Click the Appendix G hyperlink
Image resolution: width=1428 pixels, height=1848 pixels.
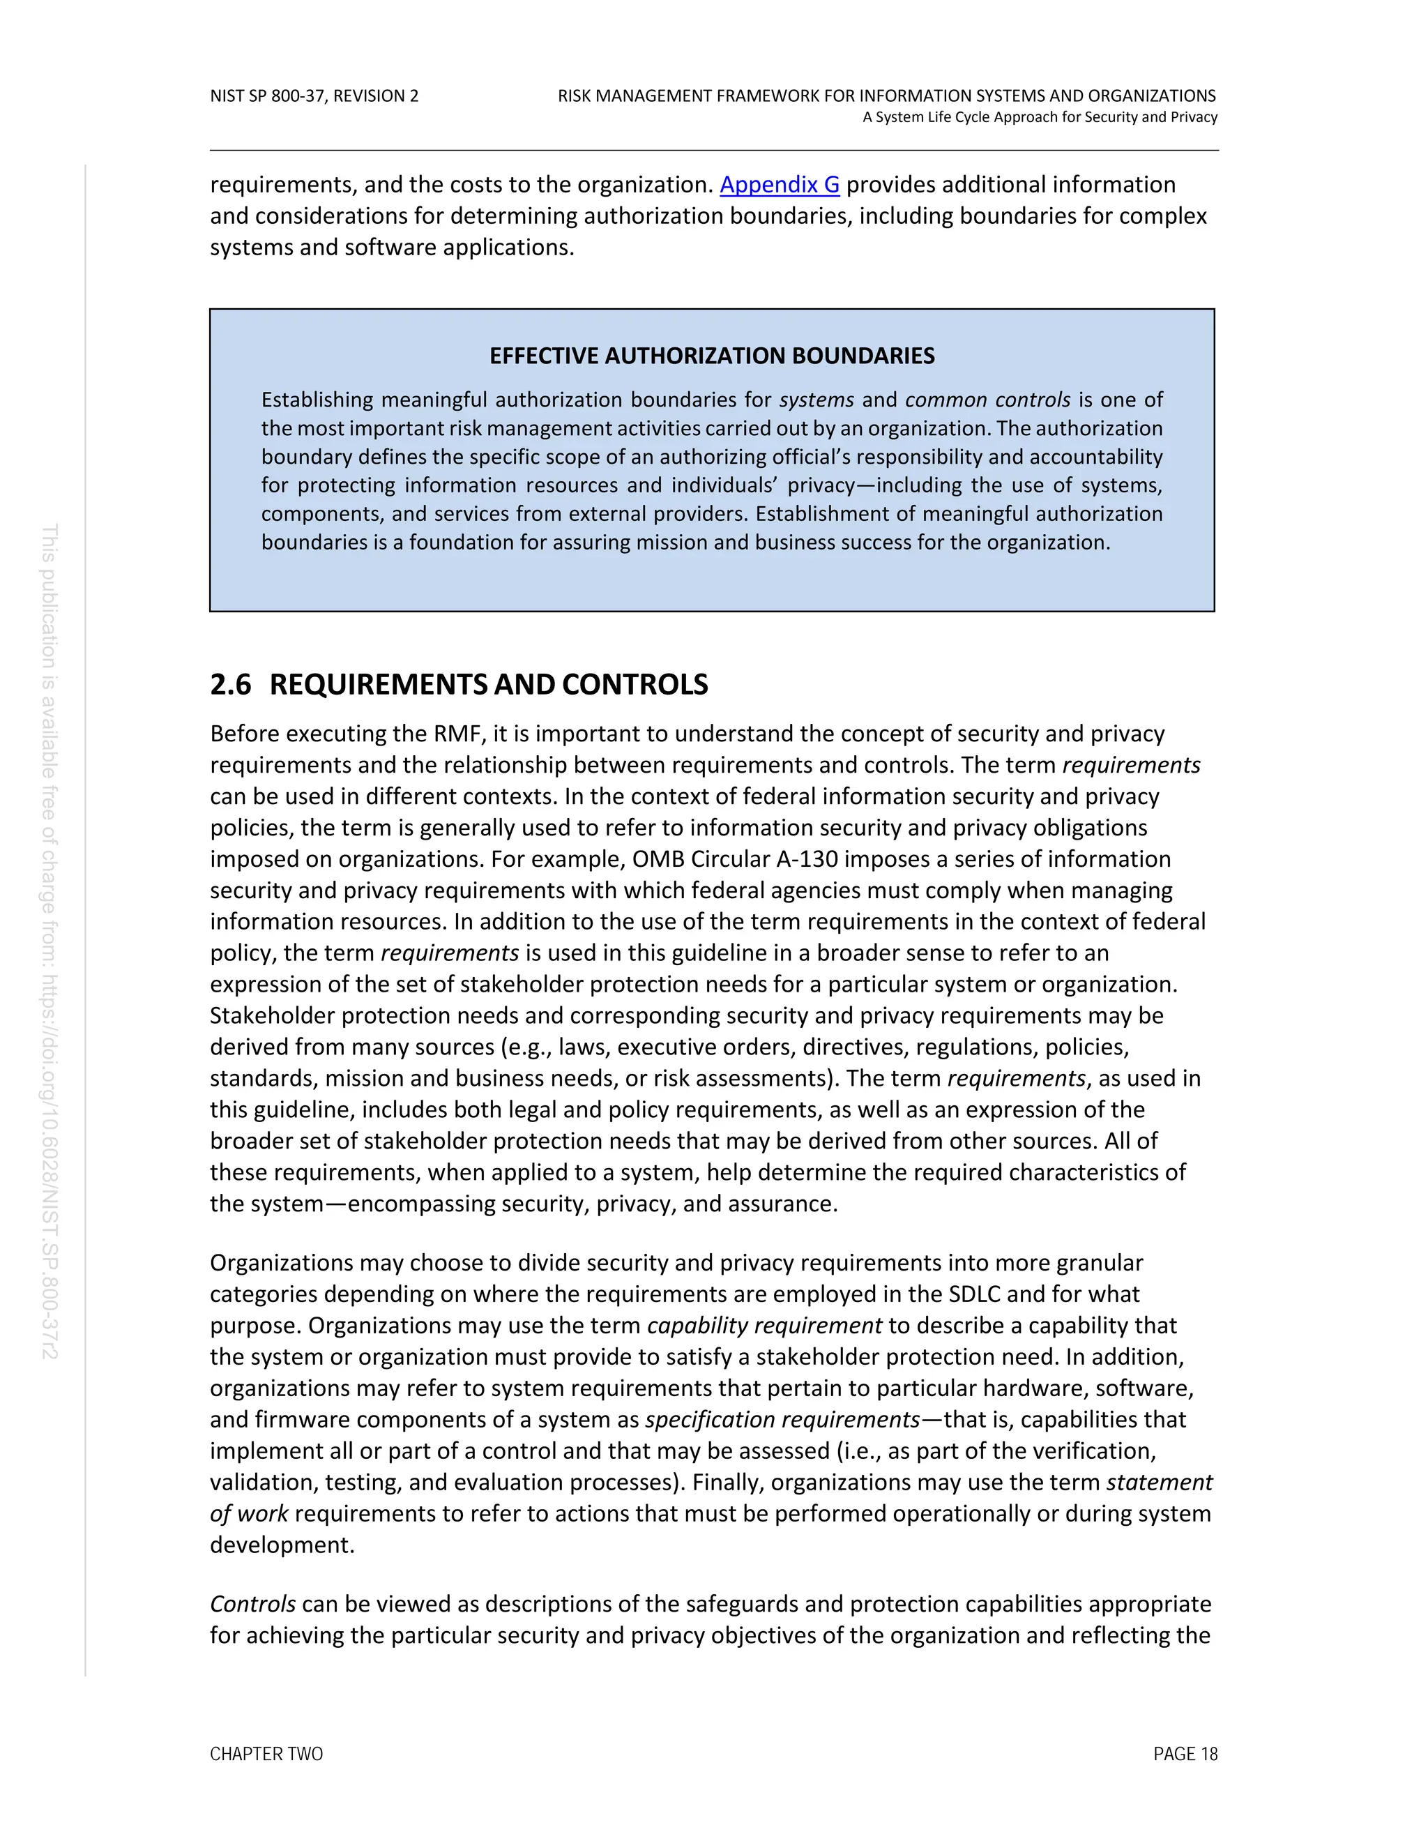click(779, 185)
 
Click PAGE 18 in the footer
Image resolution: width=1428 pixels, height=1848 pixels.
click(1185, 1754)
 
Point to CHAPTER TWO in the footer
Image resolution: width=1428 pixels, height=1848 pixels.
click(266, 1754)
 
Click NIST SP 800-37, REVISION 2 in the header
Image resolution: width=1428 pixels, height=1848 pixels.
click(314, 96)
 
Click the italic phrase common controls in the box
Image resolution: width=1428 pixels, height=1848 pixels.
click(987, 400)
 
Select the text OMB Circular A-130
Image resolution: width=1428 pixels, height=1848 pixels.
click(734, 859)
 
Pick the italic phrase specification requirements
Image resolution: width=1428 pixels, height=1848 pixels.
click(782, 1419)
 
